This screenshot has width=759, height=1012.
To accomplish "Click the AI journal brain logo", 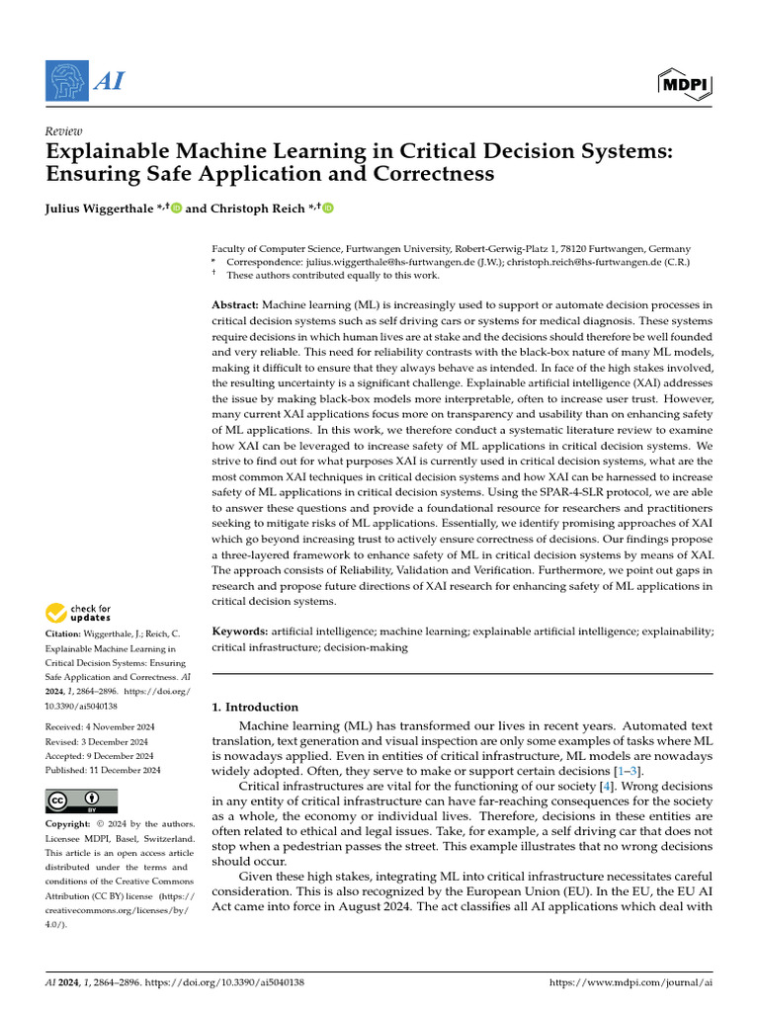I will click(65, 80).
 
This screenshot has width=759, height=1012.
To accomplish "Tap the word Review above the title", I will click(63, 131).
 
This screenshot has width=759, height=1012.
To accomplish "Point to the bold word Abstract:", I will click(236, 306).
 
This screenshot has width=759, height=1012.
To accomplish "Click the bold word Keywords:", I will click(240, 631).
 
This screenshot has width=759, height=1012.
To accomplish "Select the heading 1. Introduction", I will click(255, 707).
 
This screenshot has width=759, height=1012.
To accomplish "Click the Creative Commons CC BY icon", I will click(81, 800).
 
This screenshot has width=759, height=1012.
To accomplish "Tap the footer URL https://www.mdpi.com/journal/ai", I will click(630, 982).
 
